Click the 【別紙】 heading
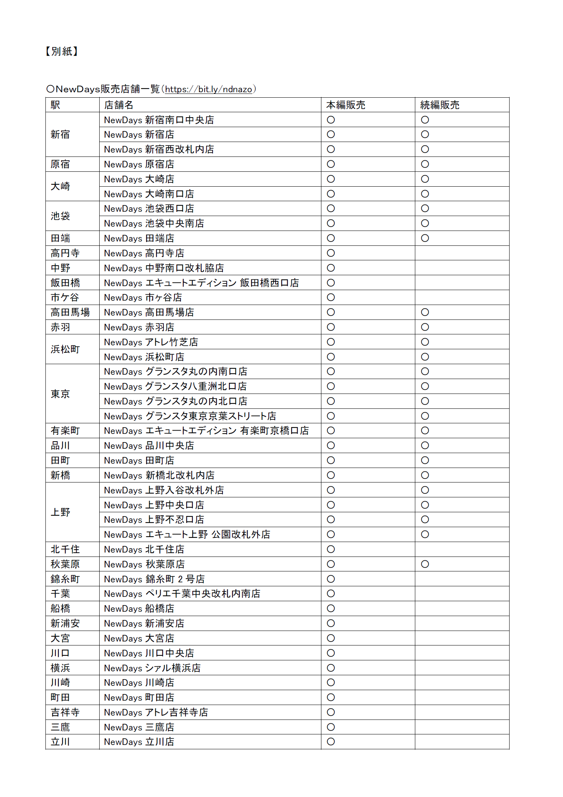(x=62, y=51)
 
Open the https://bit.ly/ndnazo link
(x=208, y=89)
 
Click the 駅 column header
(x=56, y=105)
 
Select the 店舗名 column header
(x=119, y=105)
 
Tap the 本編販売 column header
(x=346, y=105)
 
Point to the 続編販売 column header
(x=440, y=105)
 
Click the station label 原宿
(x=60, y=165)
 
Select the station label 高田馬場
(x=70, y=313)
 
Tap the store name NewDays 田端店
(x=139, y=239)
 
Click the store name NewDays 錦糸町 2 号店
(x=154, y=579)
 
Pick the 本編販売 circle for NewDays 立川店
(x=331, y=742)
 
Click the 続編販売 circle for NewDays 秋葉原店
(x=425, y=564)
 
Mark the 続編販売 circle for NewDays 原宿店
(x=425, y=165)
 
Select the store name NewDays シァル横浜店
(x=152, y=668)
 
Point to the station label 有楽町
(x=65, y=431)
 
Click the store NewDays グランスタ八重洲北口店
(x=175, y=387)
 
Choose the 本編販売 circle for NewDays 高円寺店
(x=331, y=253)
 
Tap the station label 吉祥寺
(x=65, y=712)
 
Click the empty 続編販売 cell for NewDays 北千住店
(x=462, y=549)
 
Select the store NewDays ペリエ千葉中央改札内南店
(x=182, y=594)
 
